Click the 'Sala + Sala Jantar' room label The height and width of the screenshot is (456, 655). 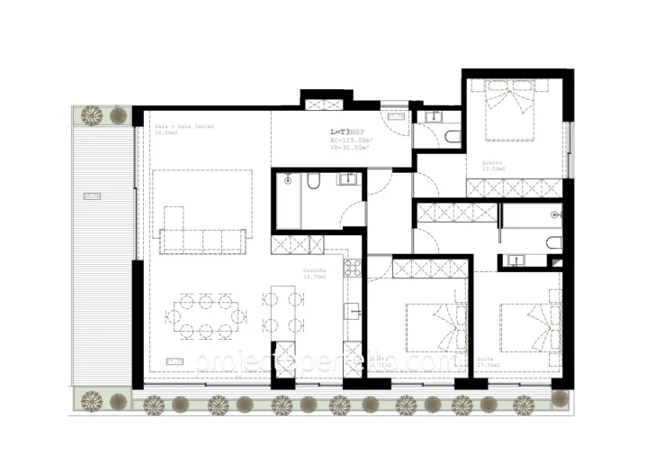pos(174,127)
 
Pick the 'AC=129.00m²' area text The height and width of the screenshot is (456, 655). pos(352,140)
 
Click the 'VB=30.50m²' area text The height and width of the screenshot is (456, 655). pos(351,148)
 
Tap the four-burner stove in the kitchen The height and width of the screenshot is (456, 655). pos(352,268)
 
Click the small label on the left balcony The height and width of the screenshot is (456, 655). pos(91,196)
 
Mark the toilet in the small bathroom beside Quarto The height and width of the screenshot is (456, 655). pos(452,136)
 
